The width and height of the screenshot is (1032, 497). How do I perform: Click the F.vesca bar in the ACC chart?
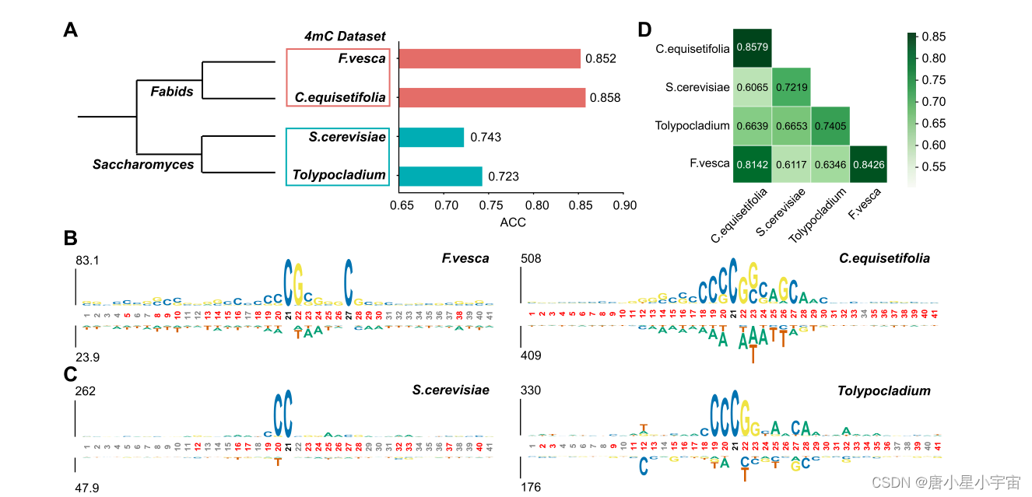[490, 58]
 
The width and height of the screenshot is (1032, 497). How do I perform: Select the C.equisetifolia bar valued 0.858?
[492, 97]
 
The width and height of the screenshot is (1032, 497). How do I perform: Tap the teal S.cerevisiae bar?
[431, 137]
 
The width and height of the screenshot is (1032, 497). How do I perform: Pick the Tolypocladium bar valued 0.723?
[441, 176]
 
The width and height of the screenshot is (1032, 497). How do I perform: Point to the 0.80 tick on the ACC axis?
[535, 205]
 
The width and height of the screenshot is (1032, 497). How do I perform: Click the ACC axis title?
[512, 222]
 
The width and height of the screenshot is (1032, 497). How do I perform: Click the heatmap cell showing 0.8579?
[752, 48]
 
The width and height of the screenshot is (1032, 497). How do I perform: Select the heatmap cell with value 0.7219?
[792, 87]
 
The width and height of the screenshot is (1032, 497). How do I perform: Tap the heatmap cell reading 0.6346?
[830, 164]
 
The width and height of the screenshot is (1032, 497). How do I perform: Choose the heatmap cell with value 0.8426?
[869, 164]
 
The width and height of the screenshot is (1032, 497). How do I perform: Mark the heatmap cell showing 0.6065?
[752, 87]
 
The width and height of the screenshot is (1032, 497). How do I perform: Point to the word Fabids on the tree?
[172, 92]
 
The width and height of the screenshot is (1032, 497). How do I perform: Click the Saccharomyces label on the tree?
[142, 164]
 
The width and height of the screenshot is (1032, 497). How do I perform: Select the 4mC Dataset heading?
[344, 36]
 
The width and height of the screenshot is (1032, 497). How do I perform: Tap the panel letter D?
[644, 30]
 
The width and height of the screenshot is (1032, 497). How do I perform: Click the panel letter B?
[70, 238]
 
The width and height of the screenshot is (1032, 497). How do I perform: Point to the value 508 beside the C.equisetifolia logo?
[531, 258]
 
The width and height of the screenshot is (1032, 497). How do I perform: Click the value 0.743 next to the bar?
[486, 138]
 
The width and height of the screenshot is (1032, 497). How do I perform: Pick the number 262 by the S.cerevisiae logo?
[85, 390]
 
